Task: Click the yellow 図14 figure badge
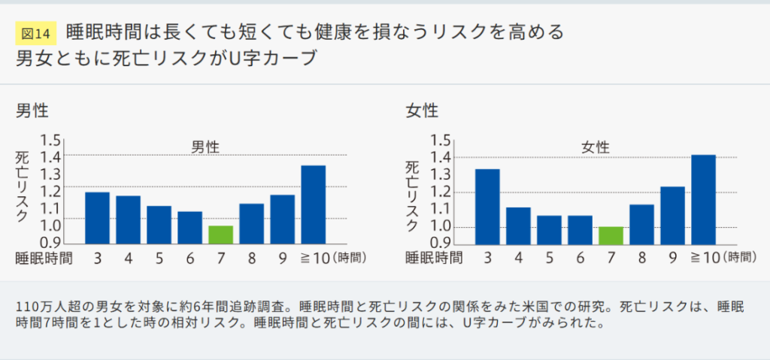tap(35, 33)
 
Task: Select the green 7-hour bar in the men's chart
tap(221, 234)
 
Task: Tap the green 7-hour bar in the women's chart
tap(611, 235)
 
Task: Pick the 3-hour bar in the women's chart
tap(488, 207)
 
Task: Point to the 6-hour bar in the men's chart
tap(190, 228)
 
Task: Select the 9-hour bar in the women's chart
tap(673, 215)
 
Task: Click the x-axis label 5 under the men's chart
tap(159, 259)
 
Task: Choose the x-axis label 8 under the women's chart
tap(642, 259)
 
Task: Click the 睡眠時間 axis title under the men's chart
tap(44, 259)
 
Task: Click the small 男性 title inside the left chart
tap(205, 147)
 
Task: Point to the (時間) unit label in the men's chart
tap(350, 259)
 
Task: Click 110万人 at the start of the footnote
tap(42, 308)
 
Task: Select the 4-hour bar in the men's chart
tap(128, 219)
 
